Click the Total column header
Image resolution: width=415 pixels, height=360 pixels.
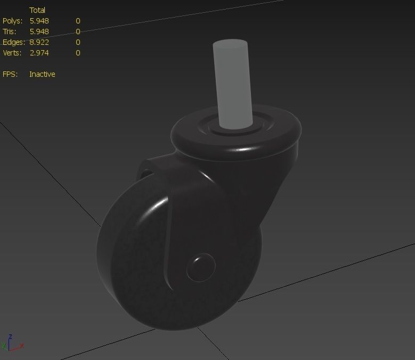(37, 10)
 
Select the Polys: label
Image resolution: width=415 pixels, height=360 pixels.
(12, 21)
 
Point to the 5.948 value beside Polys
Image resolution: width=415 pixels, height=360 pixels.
(39, 21)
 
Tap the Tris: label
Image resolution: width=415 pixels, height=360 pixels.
(10, 31)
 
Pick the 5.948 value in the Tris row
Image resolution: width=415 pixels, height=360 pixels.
(39, 31)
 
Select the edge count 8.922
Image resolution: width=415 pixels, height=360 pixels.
(39, 42)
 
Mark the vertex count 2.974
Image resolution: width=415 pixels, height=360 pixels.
(39, 53)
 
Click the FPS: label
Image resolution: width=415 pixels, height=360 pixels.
(10, 74)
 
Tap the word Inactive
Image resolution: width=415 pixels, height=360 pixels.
(42, 74)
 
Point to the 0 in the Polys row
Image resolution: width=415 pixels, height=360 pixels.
(78, 21)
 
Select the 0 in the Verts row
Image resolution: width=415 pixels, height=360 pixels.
(78, 53)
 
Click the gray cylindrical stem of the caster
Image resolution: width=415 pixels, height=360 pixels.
(232, 83)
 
